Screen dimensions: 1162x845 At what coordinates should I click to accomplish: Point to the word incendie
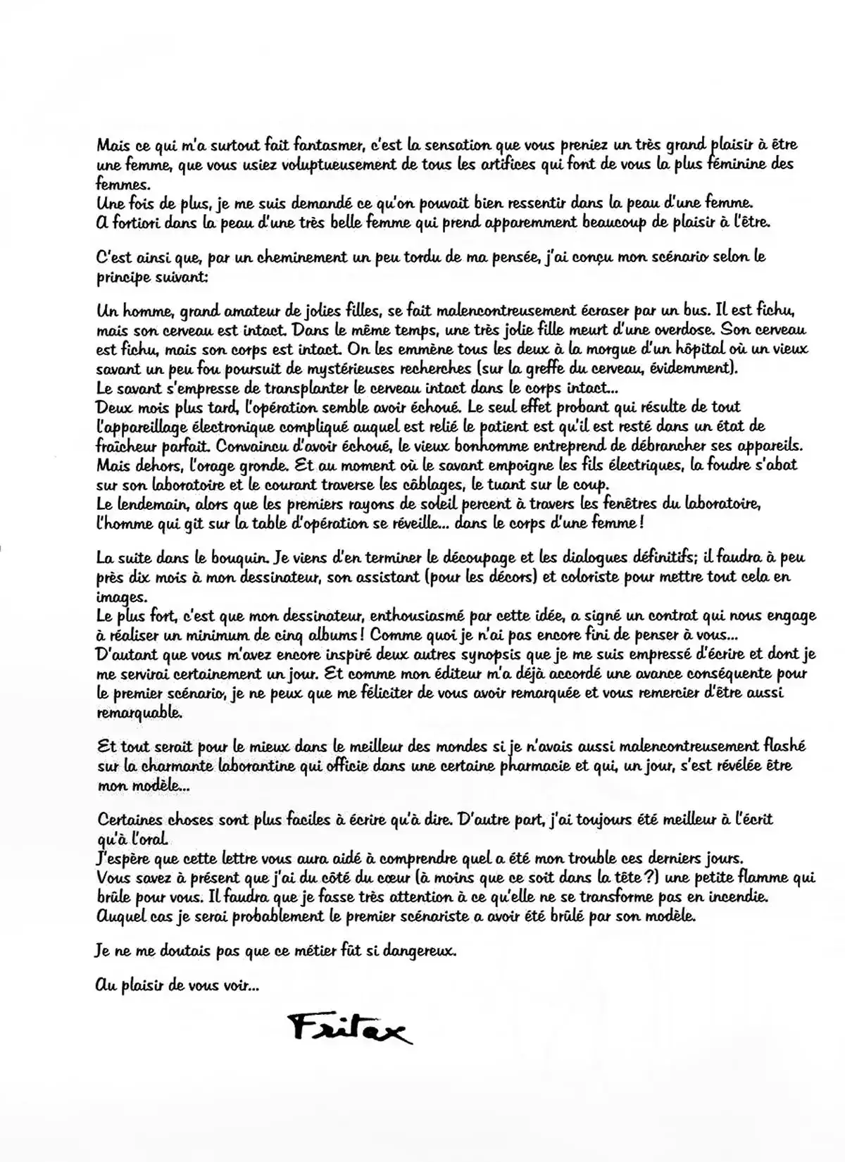coord(730,898)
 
